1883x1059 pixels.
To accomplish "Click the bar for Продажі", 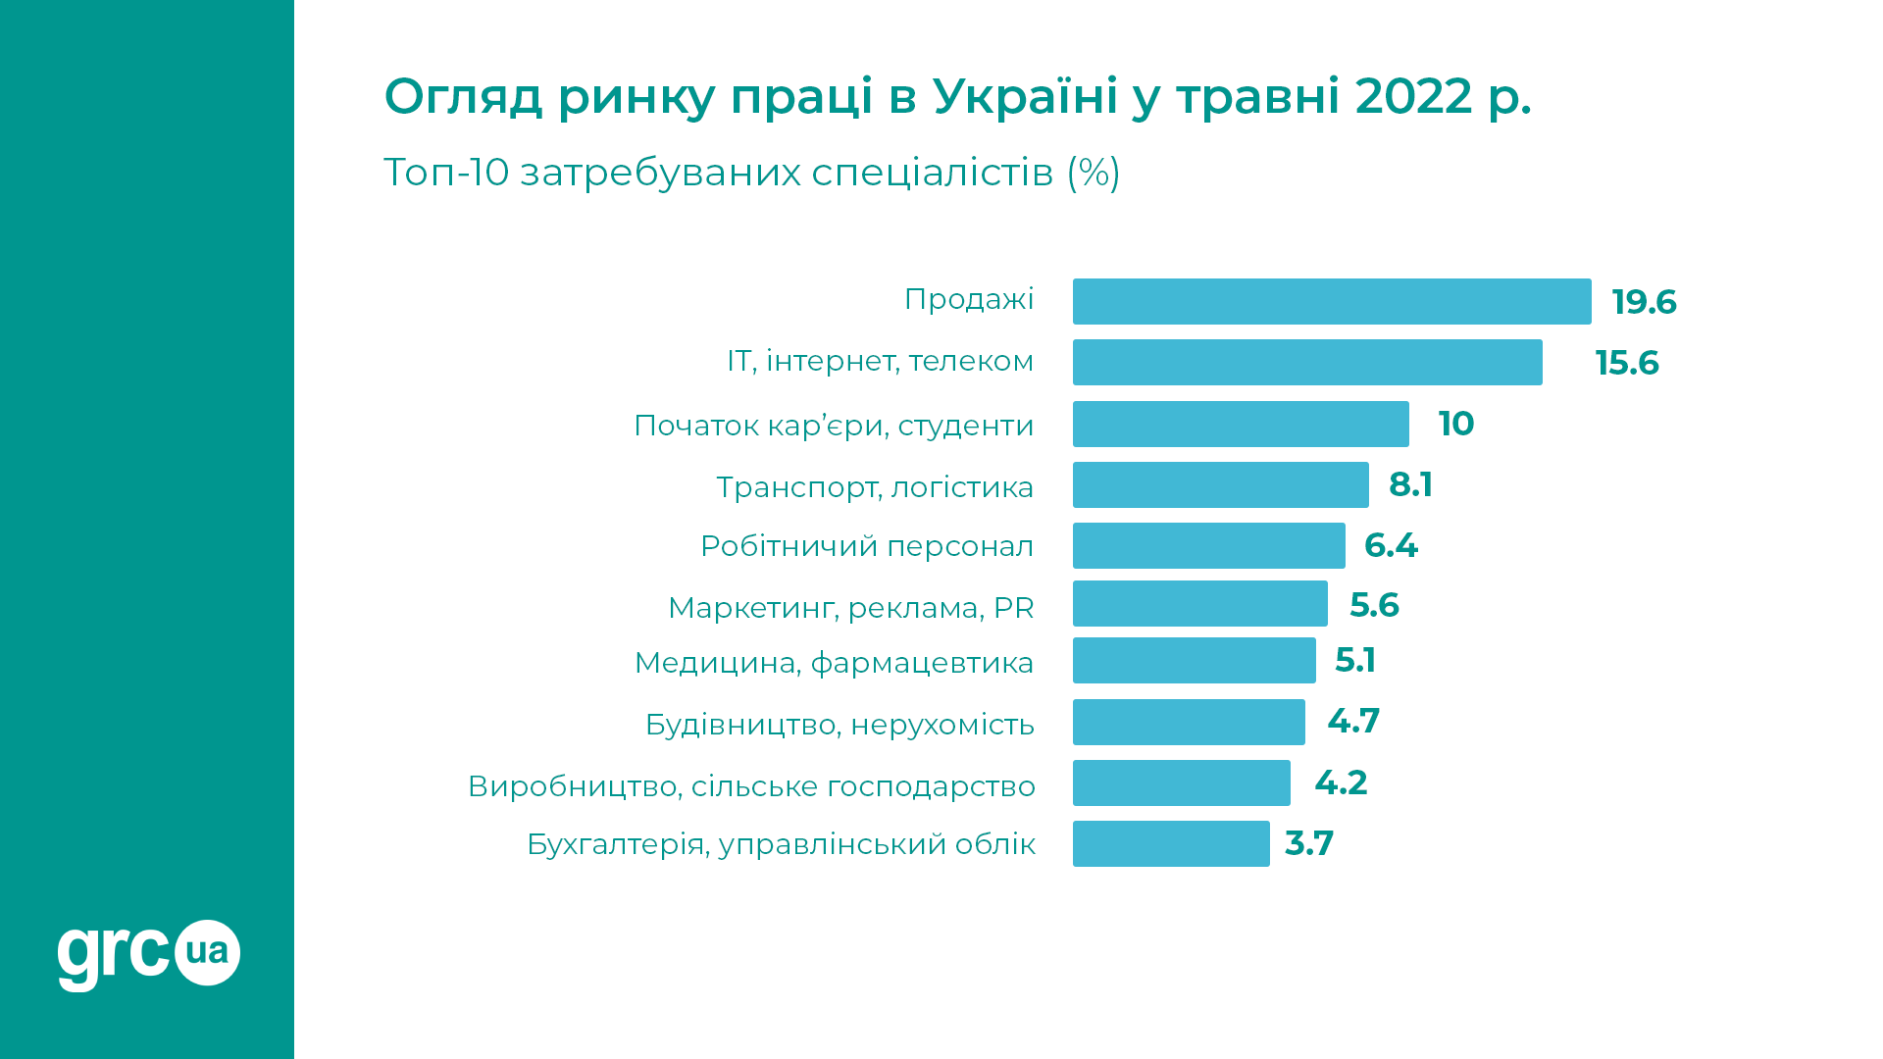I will [1331, 301].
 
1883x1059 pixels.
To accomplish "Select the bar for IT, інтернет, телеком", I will [1306, 362].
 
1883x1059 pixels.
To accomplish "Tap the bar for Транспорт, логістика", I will [1220, 484].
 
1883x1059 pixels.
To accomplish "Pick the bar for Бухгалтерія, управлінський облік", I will [1170, 843].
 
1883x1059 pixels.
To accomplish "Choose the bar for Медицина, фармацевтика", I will [1194, 660].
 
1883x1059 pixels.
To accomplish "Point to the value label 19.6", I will [1644, 302].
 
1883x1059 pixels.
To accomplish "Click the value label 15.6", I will [1626, 363].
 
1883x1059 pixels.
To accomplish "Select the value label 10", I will [1455, 424].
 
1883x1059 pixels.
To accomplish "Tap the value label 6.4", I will [1390, 545].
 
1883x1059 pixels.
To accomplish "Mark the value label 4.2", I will [1340, 782].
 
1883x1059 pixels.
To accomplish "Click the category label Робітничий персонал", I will [866, 546].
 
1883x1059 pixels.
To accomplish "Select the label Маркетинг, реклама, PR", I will [850, 608].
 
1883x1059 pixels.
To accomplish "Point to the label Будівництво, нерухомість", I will [840, 725].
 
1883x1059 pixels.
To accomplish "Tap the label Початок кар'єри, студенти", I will [834, 426].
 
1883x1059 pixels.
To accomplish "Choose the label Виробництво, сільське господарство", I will [751, 786].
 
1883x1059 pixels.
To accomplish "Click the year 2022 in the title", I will [1413, 96].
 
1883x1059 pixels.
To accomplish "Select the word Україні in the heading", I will [1025, 96].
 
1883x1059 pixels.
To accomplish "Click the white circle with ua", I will [207, 952].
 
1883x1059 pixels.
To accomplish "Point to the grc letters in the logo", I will [112, 954].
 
